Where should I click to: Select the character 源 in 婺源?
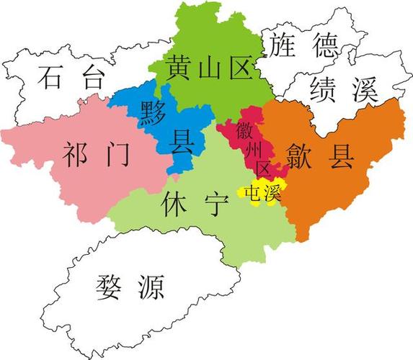coord(151,287)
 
